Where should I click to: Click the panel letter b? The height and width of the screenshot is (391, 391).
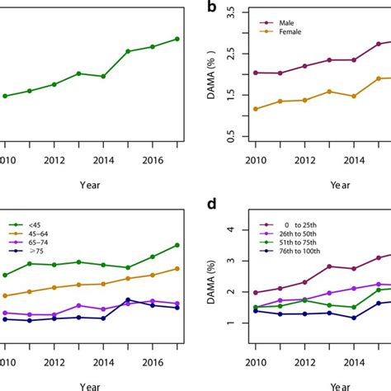(x=212, y=9)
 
